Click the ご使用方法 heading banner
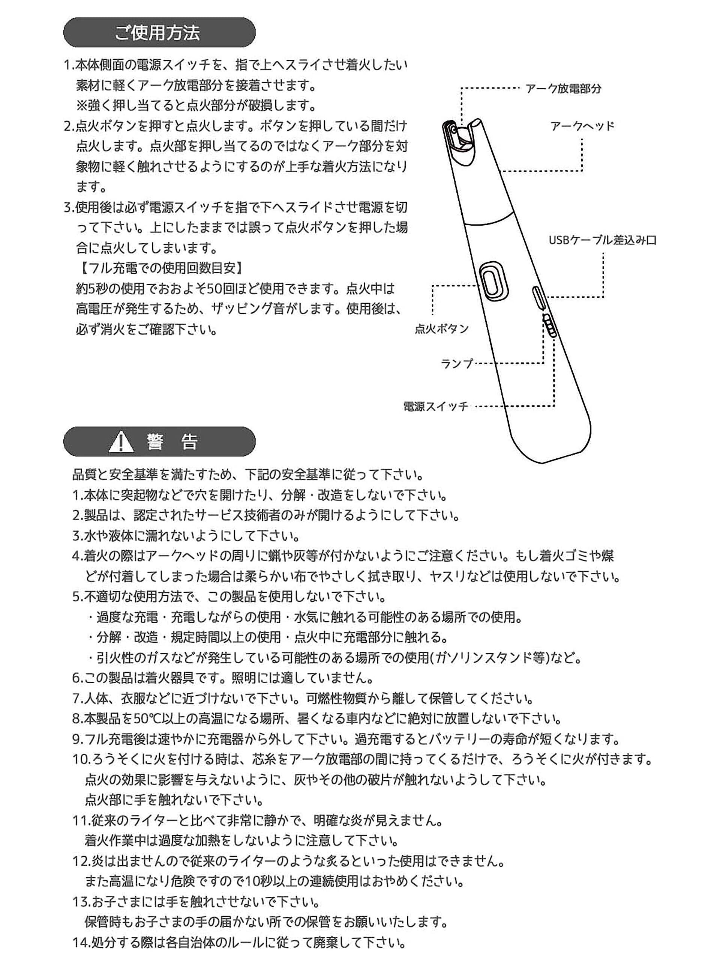pyautogui.click(x=159, y=33)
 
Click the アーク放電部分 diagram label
pyautogui.click(x=563, y=89)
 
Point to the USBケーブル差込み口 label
pyautogui.click(x=602, y=240)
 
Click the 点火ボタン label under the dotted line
pyautogui.click(x=441, y=329)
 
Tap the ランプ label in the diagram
pyautogui.click(x=456, y=364)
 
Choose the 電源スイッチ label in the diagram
pyautogui.click(x=436, y=407)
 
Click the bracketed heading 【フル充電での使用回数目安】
pyautogui.click(x=159, y=268)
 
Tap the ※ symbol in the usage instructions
pyautogui.click(x=82, y=105)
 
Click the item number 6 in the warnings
pyautogui.click(x=76, y=678)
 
